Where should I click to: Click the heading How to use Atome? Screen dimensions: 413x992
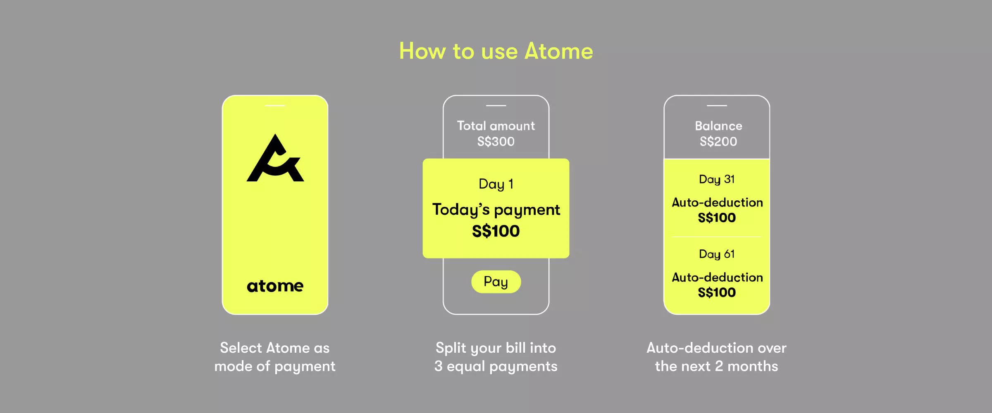click(496, 51)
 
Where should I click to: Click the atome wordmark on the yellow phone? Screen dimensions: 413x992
click(275, 286)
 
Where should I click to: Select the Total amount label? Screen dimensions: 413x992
click(496, 126)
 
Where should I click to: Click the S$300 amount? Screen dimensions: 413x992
click(496, 142)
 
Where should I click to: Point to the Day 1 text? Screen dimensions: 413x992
click(496, 184)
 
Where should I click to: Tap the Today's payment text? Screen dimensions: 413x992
click(496, 210)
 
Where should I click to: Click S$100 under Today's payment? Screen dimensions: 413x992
click(496, 231)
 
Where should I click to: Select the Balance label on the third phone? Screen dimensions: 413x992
click(718, 126)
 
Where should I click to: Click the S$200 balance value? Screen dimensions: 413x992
click(718, 142)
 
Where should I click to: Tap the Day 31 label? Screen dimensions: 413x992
click(717, 179)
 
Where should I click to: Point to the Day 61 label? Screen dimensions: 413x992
click(717, 254)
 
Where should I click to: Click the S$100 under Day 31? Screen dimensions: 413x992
click(717, 218)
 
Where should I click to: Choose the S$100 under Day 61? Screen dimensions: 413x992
click(717, 292)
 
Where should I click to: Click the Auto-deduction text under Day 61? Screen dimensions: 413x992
click(717, 277)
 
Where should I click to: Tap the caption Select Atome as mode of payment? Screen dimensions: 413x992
click(275, 357)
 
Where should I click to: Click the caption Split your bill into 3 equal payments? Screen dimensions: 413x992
click(496, 357)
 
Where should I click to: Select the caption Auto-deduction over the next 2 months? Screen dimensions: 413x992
click(716, 357)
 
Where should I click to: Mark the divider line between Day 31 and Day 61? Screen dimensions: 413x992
click(717, 237)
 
